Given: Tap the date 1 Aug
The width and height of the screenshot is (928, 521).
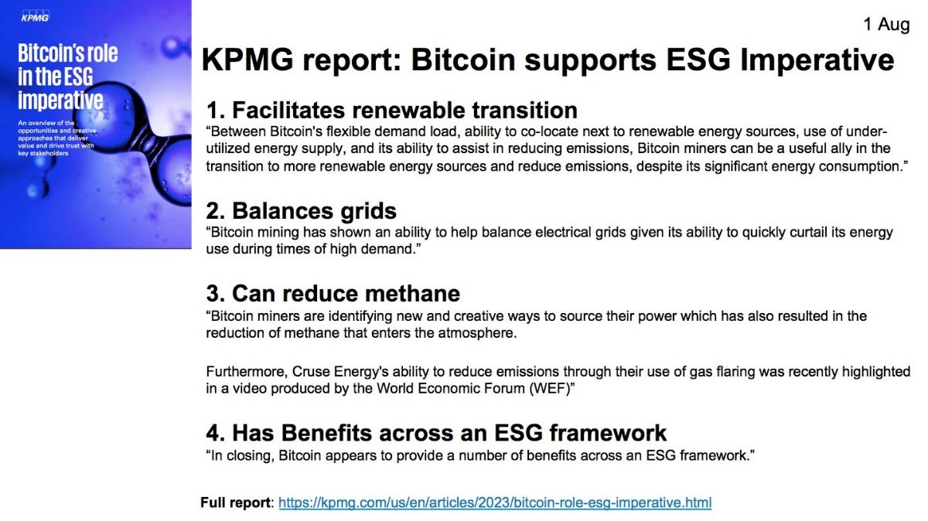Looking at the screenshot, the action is click(886, 25).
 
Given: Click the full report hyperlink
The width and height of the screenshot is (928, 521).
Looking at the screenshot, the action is click(495, 502).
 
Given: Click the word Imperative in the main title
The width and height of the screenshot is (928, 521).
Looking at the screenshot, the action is click(817, 60).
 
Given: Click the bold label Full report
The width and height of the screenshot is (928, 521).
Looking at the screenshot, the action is click(235, 502).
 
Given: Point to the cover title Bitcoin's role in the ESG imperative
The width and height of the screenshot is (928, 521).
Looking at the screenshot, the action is click(67, 77).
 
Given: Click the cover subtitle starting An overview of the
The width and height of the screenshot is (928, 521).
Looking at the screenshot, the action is click(56, 138).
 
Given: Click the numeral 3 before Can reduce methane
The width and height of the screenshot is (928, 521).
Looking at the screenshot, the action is click(213, 294).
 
